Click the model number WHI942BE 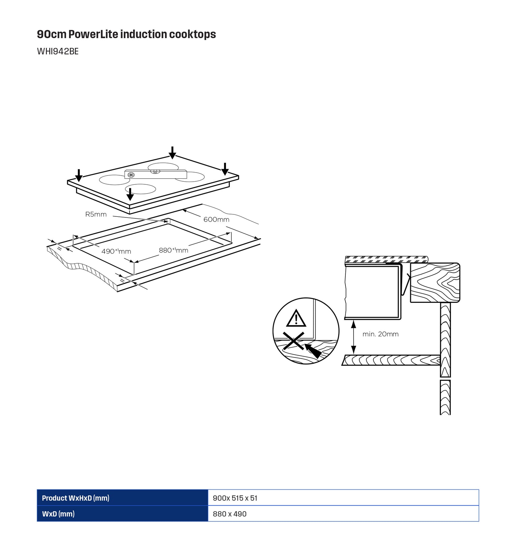coord(58,51)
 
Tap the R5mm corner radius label coord(96,214)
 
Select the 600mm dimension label coord(216,219)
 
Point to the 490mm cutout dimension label coord(116,251)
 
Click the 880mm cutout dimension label coord(173,250)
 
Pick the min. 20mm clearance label coord(380,334)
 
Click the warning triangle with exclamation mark coord(296,318)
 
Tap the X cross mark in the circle coord(293,341)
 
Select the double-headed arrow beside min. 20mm coord(354,337)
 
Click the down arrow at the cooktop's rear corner coord(172,153)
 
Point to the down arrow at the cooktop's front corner coord(130,194)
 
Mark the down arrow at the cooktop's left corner coord(79,175)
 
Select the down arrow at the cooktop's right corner coord(225,169)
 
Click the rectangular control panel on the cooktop coord(156,174)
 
